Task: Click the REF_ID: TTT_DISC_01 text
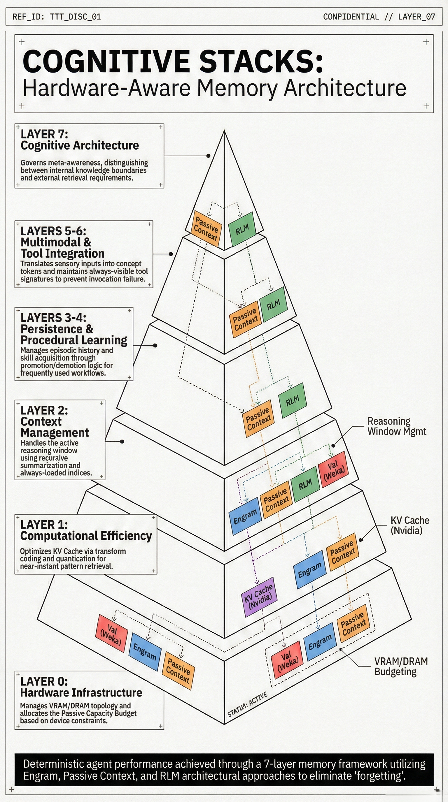pyautogui.click(x=57, y=17)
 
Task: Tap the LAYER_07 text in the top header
pyautogui.click(x=416, y=17)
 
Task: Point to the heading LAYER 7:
pyautogui.click(x=44, y=134)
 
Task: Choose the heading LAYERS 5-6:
pyautogui.click(x=53, y=231)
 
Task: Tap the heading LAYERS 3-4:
pyautogui.click(x=53, y=318)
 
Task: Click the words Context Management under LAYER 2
pyautogui.click(x=55, y=427)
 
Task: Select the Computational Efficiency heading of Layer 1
pyautogui.click(x=86, y=536)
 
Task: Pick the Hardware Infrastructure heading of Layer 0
pyautogui.click(x=81, y=692)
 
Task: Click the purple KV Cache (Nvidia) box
pyautogui.click(x=259, y=597)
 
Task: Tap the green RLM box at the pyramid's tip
pyautogui.click(x=242, y=230)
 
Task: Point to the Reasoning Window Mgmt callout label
pyautogui.click(x=396, y=426)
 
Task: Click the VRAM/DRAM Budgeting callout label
pyautogui.click(x=401, y=666)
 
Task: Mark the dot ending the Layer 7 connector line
pyautogui.click(x=209, y=156)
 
